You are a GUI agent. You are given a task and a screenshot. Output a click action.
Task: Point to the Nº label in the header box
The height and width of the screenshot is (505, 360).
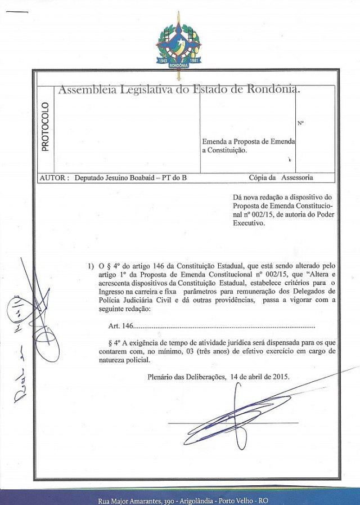300,123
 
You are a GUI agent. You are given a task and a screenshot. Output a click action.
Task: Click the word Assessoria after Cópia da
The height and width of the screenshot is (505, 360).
293,178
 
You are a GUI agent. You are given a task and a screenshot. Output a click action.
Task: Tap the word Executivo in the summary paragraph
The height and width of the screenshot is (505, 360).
248,223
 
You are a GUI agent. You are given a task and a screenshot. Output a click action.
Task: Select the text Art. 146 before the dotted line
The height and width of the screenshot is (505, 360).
119,326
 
